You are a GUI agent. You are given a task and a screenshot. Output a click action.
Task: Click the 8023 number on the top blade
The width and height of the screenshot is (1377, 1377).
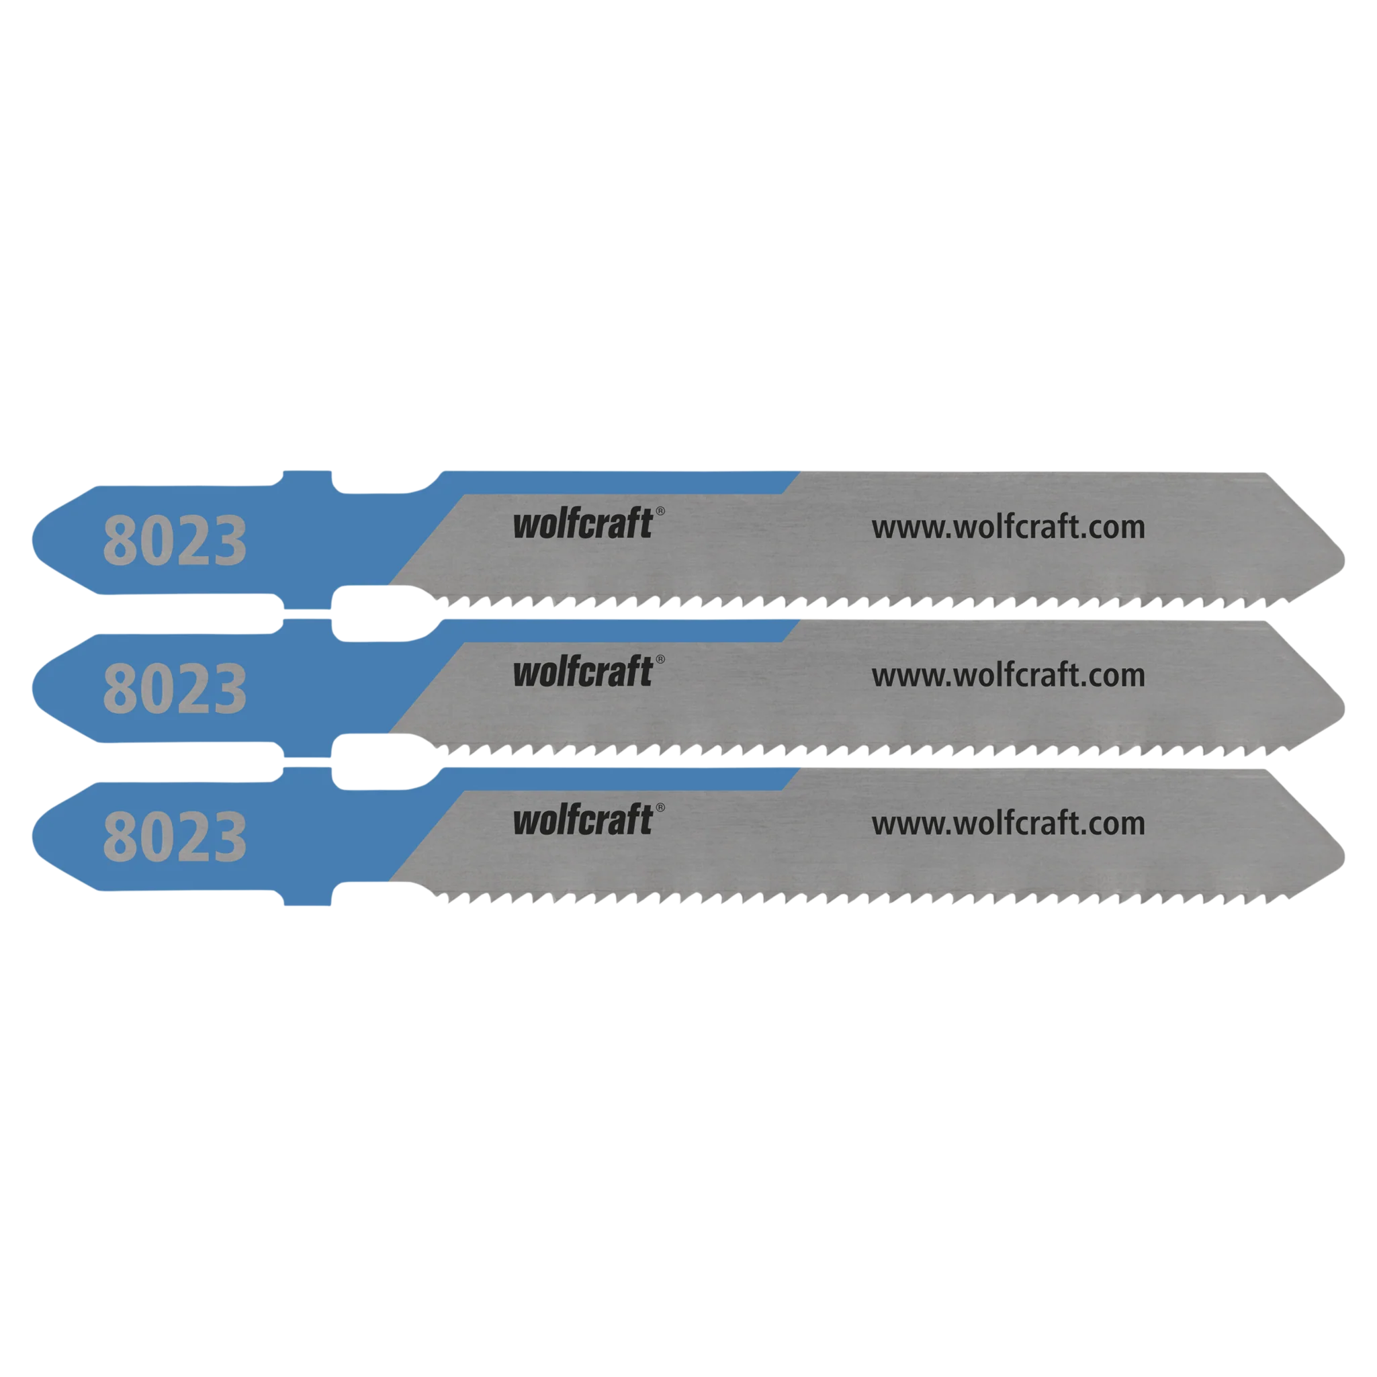point(175,540)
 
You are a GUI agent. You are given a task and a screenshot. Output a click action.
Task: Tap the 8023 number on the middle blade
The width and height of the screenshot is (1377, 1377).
point(175,688)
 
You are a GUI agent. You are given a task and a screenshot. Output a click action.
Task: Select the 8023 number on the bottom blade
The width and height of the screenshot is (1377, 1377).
point(175,837)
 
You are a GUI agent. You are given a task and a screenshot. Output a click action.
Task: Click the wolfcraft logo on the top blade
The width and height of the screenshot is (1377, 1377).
point(583,523)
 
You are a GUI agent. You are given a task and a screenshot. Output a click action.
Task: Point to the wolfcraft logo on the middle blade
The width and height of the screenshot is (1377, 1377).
point(583,672)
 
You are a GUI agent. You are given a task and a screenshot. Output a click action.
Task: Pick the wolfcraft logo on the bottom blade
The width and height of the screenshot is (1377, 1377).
point(583,819)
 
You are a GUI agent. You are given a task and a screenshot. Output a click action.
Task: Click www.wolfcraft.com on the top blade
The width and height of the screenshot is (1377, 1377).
point(1008,527)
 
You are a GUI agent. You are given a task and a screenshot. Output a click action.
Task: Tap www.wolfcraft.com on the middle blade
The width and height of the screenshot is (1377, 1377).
point(1008,676)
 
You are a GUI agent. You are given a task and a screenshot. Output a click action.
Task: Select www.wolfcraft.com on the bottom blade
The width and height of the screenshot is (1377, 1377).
point(1008,824)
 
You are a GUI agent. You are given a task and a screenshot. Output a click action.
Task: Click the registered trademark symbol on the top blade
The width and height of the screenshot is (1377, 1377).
point(660,511)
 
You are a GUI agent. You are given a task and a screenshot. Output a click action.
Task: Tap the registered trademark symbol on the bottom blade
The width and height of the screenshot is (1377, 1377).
point(660,807)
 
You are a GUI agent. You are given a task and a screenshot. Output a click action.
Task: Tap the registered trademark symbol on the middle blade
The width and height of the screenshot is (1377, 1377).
point(660,659)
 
